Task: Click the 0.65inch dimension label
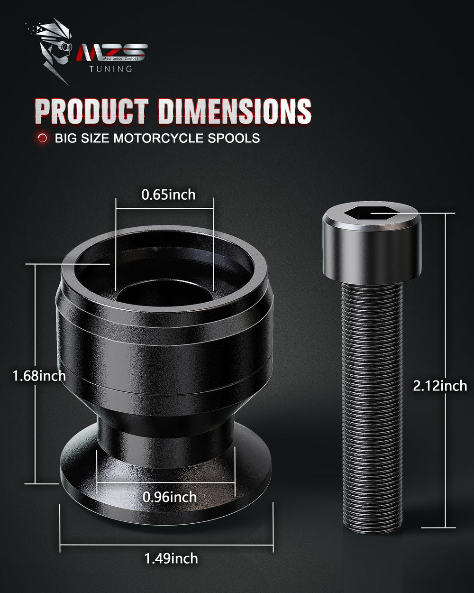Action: click(x=168, y=195)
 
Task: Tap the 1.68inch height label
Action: click(x=39, y=376)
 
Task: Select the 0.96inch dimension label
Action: click(x=170, y=497)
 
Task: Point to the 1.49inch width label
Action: click(x=171, y=558)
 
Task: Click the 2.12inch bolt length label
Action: click(x=440, y=386)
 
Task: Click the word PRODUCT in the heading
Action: click(x=92, y=111)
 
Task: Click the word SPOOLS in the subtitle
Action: click(x=234, y=138)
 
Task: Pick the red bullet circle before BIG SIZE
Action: click(x=42, y=138)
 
